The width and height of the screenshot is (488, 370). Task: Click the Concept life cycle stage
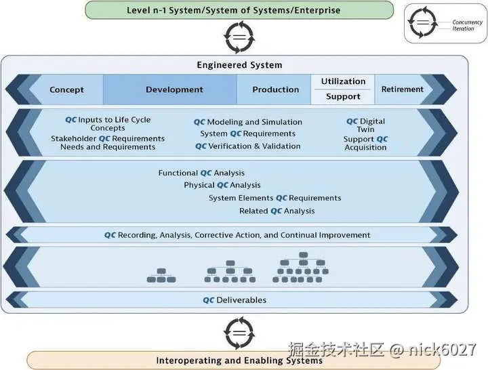pos(66,89)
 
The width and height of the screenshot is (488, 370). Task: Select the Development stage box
pos(174,89)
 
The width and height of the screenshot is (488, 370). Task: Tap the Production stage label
pos(275,89)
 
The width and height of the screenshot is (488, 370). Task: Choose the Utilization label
pos(343,81)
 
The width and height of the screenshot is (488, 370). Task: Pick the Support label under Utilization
pos(343,97)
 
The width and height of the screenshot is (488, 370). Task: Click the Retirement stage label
pos(402,89)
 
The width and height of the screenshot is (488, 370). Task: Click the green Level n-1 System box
pos(239,10)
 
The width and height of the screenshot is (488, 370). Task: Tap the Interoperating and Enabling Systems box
pos(239,361)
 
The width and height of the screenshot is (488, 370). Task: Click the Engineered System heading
pos(239,65)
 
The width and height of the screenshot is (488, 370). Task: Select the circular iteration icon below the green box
pos(239,37)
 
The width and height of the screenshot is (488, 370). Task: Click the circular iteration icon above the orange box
pos(239,333)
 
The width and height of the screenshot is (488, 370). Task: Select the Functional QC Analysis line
pos(201,173)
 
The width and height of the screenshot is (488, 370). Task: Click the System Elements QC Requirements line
pos(274,198)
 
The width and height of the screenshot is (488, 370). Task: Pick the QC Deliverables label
pos(235,300)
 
